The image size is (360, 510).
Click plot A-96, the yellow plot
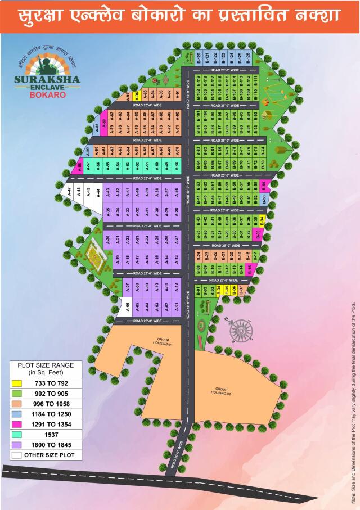tap(137, 95)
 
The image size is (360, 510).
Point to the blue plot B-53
tap(264, 198)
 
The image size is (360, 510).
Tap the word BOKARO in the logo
tap(47, 95)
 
